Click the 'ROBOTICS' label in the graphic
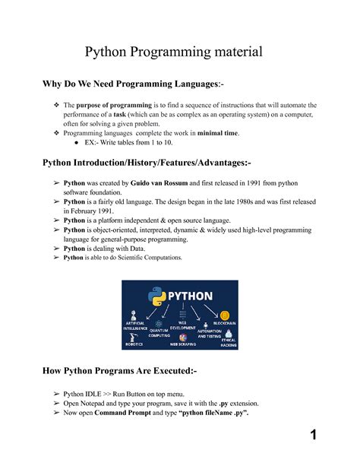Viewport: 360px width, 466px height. (x=134, y=344)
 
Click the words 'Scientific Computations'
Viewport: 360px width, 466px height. (x=145, y=258)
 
